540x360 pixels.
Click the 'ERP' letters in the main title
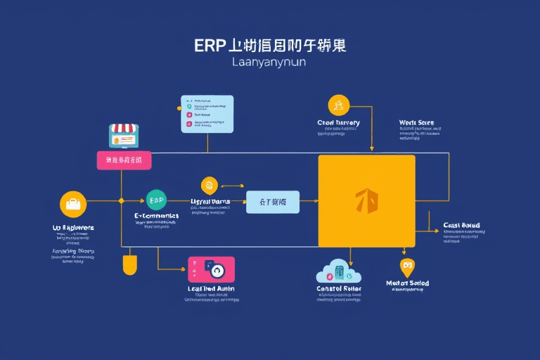click(212, 46)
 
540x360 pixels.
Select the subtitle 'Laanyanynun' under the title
click(269, 63)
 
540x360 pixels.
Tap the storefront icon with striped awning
click(123, 136)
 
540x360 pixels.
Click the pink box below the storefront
click(124, 160)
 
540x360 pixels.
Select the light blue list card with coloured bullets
click(207, 114)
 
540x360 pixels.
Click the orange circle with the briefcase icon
click(73, 205)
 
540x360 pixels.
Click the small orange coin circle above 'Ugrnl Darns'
click(209, 186)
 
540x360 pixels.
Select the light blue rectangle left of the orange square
click(272, 202)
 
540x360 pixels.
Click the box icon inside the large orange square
click(366, 201)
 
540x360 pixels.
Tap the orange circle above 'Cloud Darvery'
click(338, 105)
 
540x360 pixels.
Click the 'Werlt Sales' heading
click(416, 123)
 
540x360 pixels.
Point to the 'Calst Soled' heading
click(462, 226)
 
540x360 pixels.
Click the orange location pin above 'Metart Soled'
click(406, 266)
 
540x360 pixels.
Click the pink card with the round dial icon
click(212, 269)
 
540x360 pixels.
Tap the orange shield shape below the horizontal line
click(129, 265)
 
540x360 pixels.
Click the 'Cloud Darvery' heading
click(338, 122)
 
